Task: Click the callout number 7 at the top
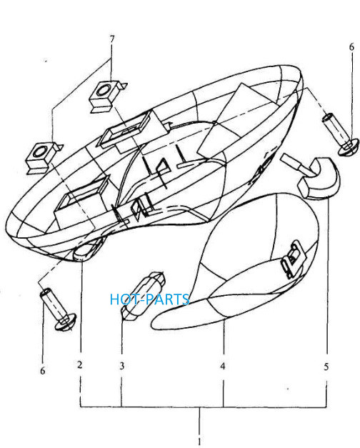coord(111,39)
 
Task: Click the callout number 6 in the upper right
coord(351,46)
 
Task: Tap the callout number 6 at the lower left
coord(43,371)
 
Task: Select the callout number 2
coord(80,364)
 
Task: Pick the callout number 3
coord(122,365)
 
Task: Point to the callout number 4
coord(223,366)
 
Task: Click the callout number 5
coord(326,367)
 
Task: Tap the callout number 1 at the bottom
coord(199,441)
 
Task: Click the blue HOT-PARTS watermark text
coord(149,299)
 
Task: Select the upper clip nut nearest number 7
coord(106,96)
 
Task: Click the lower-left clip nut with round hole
coord(43,157)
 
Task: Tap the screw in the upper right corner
coord(340,134)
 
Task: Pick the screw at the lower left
coord(58,310)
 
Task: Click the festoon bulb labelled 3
coord(143,296)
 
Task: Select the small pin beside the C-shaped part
coord(296,164)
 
